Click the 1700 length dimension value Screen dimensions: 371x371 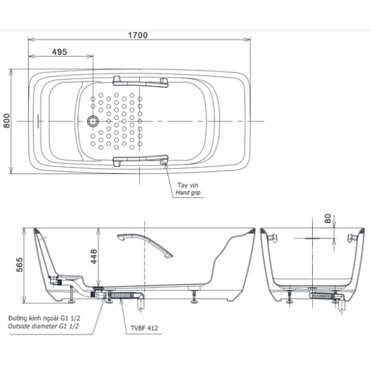click(x=138, y=35)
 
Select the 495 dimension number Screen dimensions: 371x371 click(x=59, y=52)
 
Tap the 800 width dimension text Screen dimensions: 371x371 click(x=6, y=121)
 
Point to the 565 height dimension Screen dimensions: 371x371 click(x=20, y=265)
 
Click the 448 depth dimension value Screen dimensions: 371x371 click(x=94, y=257)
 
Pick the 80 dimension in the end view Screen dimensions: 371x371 click(x=327, y=219)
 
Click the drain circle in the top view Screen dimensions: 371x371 click(x=93, y=121)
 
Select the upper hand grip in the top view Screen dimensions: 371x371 click(x=140, y=82)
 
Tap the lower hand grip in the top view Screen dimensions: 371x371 click(x=140, y=161)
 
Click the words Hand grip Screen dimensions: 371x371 click(x=188, y=193)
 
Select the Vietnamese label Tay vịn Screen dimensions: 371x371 click(x=188, y=185)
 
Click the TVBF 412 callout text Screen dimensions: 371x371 click(x=144, y=328)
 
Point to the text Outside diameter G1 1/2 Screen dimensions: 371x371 click(x=44, y=326)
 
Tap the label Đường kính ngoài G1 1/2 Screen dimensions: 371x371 click(x=44, y=318)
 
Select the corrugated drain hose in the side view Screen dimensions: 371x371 click(x=123, y=295)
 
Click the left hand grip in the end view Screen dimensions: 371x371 click(x=273, y=238)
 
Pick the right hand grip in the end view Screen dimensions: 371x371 click(x=352, y=238)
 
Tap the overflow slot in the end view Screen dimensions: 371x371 click(x=312, y=238)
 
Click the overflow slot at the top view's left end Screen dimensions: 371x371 click(x=38, y=121)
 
